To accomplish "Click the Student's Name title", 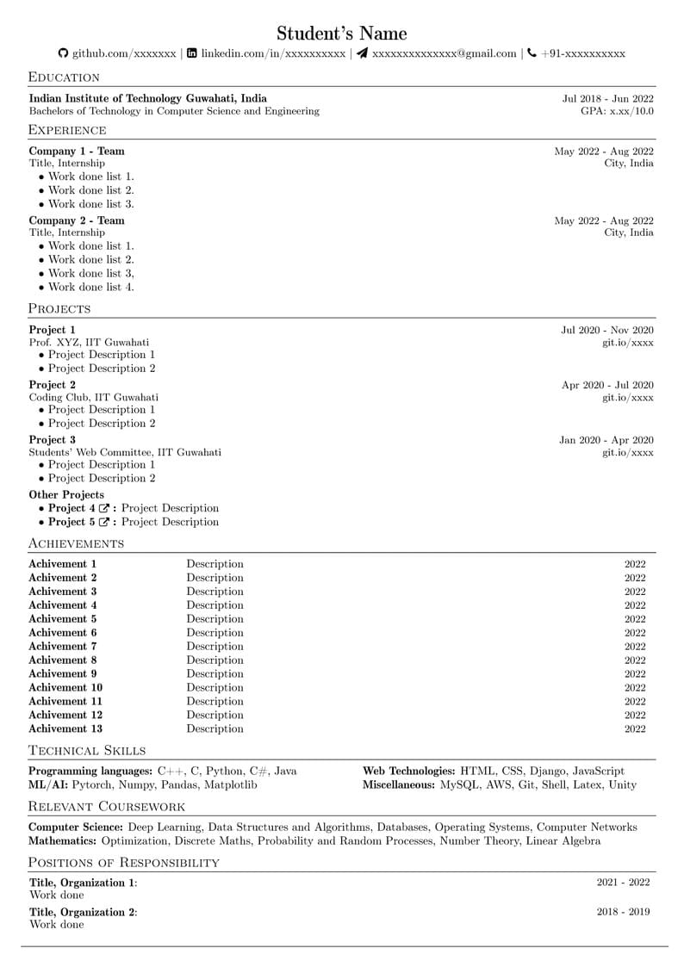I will [341, 34].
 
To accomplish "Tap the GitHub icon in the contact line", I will [63, 53].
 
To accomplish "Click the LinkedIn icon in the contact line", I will [192, 53].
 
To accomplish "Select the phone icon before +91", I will [532, 53].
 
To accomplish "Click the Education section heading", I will [64, 77].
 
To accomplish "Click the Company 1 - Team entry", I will [77, 152].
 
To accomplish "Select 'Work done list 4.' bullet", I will [90, 287].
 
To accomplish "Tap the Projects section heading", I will [59, 308].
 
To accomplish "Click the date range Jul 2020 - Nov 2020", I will [607, 330].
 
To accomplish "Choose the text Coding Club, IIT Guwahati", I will [93, 397].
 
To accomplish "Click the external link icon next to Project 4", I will [104, 509].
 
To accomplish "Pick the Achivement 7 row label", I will [63, 646].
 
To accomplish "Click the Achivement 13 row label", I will [65, 728].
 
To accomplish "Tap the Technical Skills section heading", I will [87, 751].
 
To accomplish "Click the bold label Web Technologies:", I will [409, 772].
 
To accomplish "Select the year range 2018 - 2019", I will [623, 912].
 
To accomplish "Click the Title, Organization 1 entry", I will [83, 883].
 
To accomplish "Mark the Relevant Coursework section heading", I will [107, 807].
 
